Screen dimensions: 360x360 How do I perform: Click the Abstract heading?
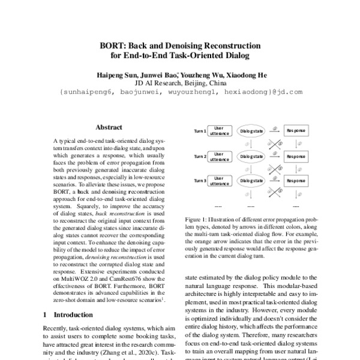[x=109, y=127]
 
